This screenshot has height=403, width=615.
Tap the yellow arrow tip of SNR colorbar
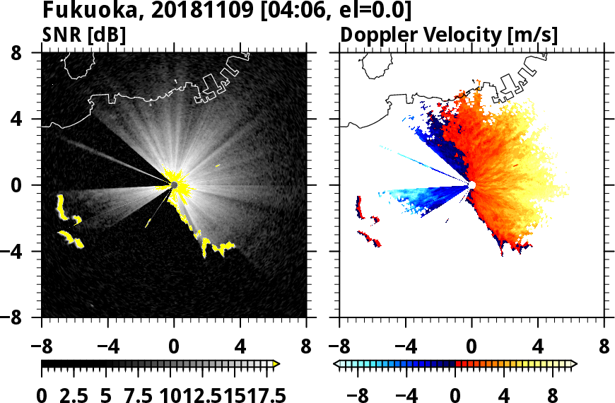click(276, 363)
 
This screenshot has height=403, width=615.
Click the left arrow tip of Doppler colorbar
click(336, 363)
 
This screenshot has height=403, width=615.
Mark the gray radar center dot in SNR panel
click(174, 185)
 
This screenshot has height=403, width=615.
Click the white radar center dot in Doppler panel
click(472, 185)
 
